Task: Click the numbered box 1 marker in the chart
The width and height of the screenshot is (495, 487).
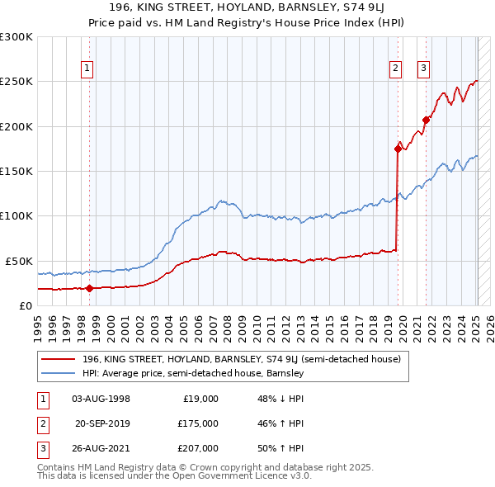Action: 87,69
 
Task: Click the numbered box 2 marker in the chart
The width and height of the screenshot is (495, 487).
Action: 395,69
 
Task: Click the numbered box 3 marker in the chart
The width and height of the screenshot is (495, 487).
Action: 423,69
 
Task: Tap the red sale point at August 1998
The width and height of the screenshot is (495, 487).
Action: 89,288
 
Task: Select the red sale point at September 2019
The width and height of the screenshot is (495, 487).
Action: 398,149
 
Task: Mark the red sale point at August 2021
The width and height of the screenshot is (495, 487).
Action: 426,120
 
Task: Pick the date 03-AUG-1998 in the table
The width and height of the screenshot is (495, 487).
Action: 101,398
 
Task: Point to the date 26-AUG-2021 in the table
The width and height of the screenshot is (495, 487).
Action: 101,447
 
